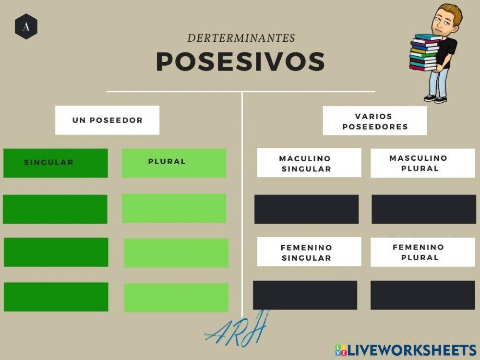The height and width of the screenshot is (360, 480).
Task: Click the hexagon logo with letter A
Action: pyautogui.click(x=26, y=27)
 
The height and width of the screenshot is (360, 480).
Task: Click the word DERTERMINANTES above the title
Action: pyautogui.click(x=241, y=38)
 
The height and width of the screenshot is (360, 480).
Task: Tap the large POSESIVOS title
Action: pyautogui.click(x=240, y=61)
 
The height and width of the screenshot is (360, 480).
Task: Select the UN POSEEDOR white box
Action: pyautogui.click(x=107, y=120)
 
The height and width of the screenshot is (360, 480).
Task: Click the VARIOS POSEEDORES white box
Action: pyautogui.click(x=374, y=121)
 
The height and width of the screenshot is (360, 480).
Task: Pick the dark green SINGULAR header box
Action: pyautogui.click(x=55, y=163)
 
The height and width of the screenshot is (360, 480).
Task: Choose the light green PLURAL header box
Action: pyautogui.click(x=174, y=163)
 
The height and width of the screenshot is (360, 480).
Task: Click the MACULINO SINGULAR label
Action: pyautogui.click(x=309, y=163)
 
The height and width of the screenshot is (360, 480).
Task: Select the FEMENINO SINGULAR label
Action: pyautogui.click(x=309, y=252)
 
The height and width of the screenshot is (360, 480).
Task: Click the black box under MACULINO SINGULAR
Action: pyautogui.click(x=306, y=209)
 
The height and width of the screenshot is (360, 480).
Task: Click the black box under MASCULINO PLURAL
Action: pyautogui.click(x=423, y=209)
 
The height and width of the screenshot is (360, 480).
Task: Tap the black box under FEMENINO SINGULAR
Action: pyautogui.click(x=305, y=295)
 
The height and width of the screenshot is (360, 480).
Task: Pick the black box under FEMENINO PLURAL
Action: pyautogui.click(x=422, y=295)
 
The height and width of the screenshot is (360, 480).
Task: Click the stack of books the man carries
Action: pyautogui.click(x=424, y=53)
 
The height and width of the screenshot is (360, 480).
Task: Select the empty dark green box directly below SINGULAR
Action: pyautogui.click(x=55, y=209)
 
